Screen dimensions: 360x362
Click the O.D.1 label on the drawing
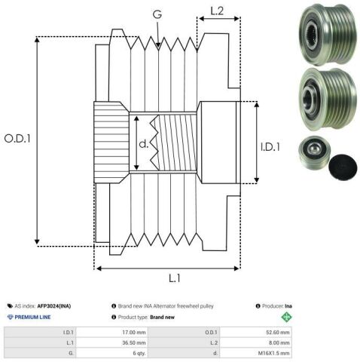click(17, 139)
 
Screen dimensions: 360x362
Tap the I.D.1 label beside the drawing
click(270, 147)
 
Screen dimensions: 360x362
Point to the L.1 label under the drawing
click(175, 278)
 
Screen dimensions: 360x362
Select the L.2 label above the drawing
click(217, 11)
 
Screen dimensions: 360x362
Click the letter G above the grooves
click(157, 14)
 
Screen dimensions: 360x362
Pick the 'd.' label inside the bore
click(144, 143)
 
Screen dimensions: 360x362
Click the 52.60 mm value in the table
click(278, 333)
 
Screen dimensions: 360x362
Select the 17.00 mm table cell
click(134, 333)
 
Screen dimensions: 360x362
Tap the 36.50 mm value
click(134, 342)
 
